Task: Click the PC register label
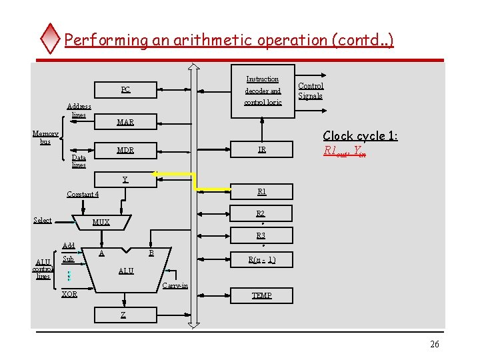pyautogui.click(x=125, y=90)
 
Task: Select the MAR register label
pyautogui.click(x=125, y=122)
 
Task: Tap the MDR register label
pyautogui.click(x=125, y=150)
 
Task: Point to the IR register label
pyautogui.click(x=262, y=150)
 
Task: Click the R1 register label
pyautogui.click(x=262, y=191)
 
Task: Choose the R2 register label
pyautogui.click(x=261, y=213)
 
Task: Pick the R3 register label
pyautogui.click(x=261, y=235)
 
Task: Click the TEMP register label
pyautogui.click(x=261, y=295)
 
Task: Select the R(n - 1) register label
pyautogui.click(x=261, y=260)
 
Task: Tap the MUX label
pyautogui.click(x=101, y=222)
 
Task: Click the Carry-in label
pyautogui.click(x=175, y=286)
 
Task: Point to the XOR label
pyautogui.click(x=69, y=294)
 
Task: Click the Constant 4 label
pyautogui.click(x=83, y=195)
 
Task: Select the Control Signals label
pyautogui.click(x=311, y=91)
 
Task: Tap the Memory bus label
pyautogui.click(x=45, y=137)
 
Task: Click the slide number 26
pyautogui.click(x=435, y=344)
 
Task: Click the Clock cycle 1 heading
pyautogui.click(x=360, y=135)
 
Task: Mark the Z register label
pyautogui.click(x=123, y=314)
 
